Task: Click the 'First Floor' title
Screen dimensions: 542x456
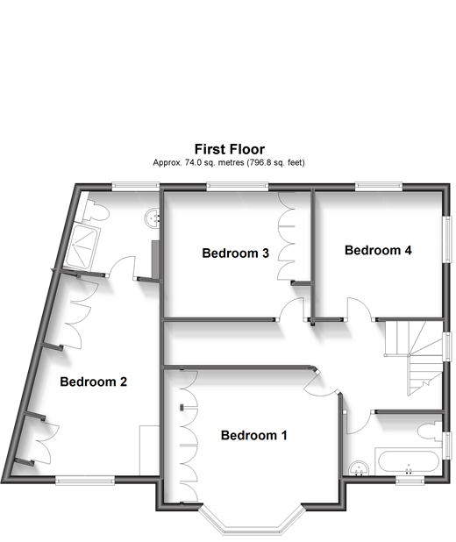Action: [228, 150]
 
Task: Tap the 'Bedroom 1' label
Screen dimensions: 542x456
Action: [253, 436]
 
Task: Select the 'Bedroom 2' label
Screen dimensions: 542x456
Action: [94, 382]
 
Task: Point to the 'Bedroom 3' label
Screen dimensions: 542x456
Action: [235, 253]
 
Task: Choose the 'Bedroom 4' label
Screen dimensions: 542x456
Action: [378, 250]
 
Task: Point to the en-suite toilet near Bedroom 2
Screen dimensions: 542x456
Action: [94, 210]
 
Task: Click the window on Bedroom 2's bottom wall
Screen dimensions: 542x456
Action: [86, 479]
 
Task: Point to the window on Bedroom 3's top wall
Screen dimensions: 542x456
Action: [231, 185]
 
